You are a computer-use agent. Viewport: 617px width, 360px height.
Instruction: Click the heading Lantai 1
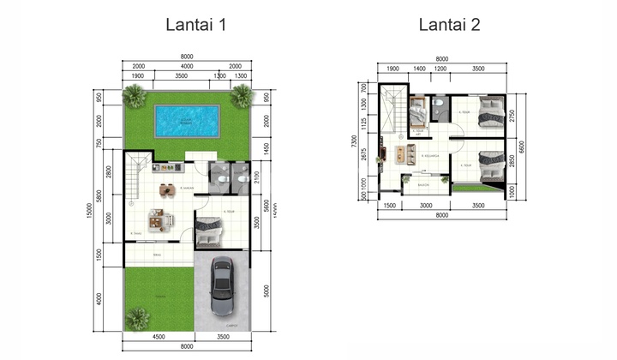coord(196,25)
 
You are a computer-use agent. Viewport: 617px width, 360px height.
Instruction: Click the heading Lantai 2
coord(448,25)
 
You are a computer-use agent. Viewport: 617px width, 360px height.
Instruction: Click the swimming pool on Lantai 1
coord(186,121)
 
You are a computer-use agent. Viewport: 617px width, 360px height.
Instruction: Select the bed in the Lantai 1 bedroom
coord(209,230)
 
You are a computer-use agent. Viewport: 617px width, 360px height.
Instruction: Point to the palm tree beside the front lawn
coord(137,318)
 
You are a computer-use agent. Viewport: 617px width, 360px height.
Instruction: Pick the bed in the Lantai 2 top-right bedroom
coord(489,111)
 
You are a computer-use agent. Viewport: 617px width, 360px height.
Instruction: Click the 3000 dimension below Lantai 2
coord(426,206)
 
